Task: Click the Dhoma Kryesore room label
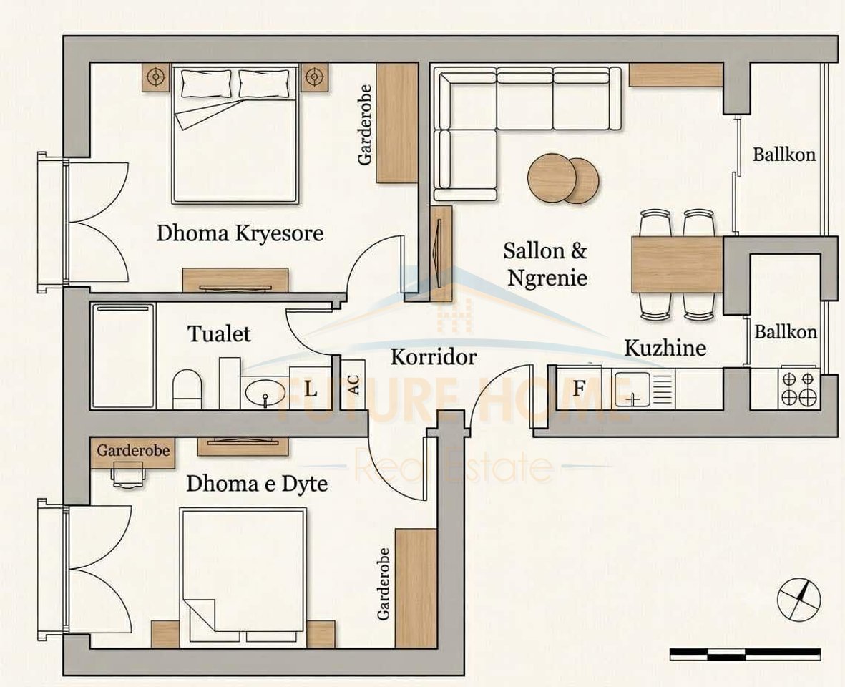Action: point(240,233)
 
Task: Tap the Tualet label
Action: point(220,334)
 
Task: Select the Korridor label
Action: point(434,356)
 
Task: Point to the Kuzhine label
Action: point(665,348)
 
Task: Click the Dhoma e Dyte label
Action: point(257,484)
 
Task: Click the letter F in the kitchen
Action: point(579,388)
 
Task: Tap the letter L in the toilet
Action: point(311,389)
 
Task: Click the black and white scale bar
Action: point(746,654)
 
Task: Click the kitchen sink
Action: point(632,389)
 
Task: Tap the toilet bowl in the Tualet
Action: point(187,389)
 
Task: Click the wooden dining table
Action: point(678,265)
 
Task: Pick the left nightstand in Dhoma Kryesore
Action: point(156,77)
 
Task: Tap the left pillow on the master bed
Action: point(207,84)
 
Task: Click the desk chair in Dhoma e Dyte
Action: point(130,475)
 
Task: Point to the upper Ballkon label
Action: point(784,155)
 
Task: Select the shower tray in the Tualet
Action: point(123,356)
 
